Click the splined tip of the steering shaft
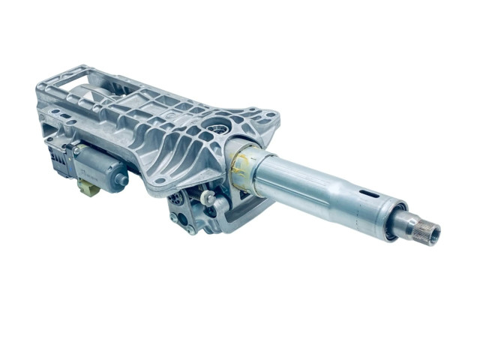click(430, 230)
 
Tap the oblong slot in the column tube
click(370, 193)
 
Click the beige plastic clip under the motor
click(89, 188)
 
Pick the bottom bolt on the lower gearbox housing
click(191, 230)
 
